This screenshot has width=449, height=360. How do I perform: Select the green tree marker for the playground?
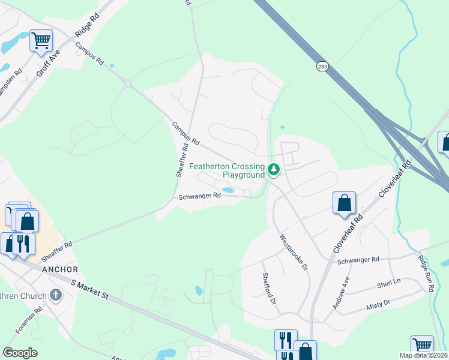pos(274,170)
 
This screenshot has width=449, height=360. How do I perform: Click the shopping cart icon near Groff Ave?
pos(41,41)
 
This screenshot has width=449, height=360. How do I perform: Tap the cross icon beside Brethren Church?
pos(56,295)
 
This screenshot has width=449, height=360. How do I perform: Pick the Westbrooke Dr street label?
pos(294,251)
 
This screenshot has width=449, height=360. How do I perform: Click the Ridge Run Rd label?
pos(426,274)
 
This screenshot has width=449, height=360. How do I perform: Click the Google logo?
pos(20,353)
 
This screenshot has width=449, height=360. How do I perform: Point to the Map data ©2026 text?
pos(423,355)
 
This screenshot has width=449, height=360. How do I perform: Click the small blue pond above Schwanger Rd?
pos(228,190)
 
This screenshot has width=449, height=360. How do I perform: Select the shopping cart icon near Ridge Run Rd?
pos(422,346)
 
